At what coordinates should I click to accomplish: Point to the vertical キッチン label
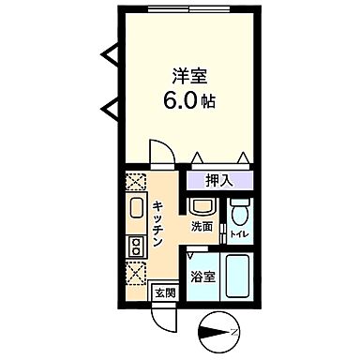pos(158,225)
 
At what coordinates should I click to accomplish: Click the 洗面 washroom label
pos(201,226)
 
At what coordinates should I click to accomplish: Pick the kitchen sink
pos(134,208)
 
